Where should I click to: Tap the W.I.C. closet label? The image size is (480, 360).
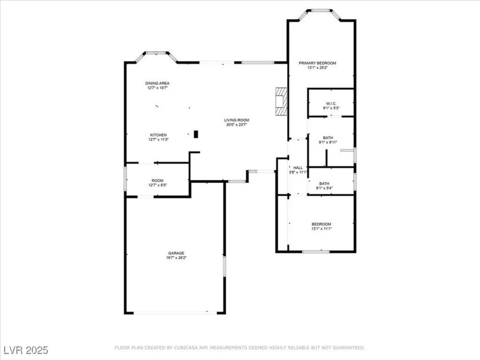(331, 103)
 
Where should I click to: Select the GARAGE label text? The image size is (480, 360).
(176, 253)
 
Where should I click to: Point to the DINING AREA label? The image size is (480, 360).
(157, 83)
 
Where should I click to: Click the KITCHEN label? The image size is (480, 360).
(158, 135)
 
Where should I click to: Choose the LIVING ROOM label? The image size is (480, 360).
(236, 120)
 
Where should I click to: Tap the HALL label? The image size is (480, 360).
(298, 167)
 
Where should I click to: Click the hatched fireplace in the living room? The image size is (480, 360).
(281, 102)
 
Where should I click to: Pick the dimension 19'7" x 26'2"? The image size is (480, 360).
(176, 258)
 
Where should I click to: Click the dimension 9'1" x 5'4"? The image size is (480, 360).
(323, 188)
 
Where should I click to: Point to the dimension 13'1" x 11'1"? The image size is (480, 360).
(321, 229)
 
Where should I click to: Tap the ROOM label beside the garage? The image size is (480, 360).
(157, 180)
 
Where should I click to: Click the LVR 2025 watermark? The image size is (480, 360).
(26, 349)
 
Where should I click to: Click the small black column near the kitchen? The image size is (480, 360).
(196, 134)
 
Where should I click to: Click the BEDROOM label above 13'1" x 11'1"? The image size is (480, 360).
(321, 223)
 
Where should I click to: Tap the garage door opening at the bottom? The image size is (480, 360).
(175, 313)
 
